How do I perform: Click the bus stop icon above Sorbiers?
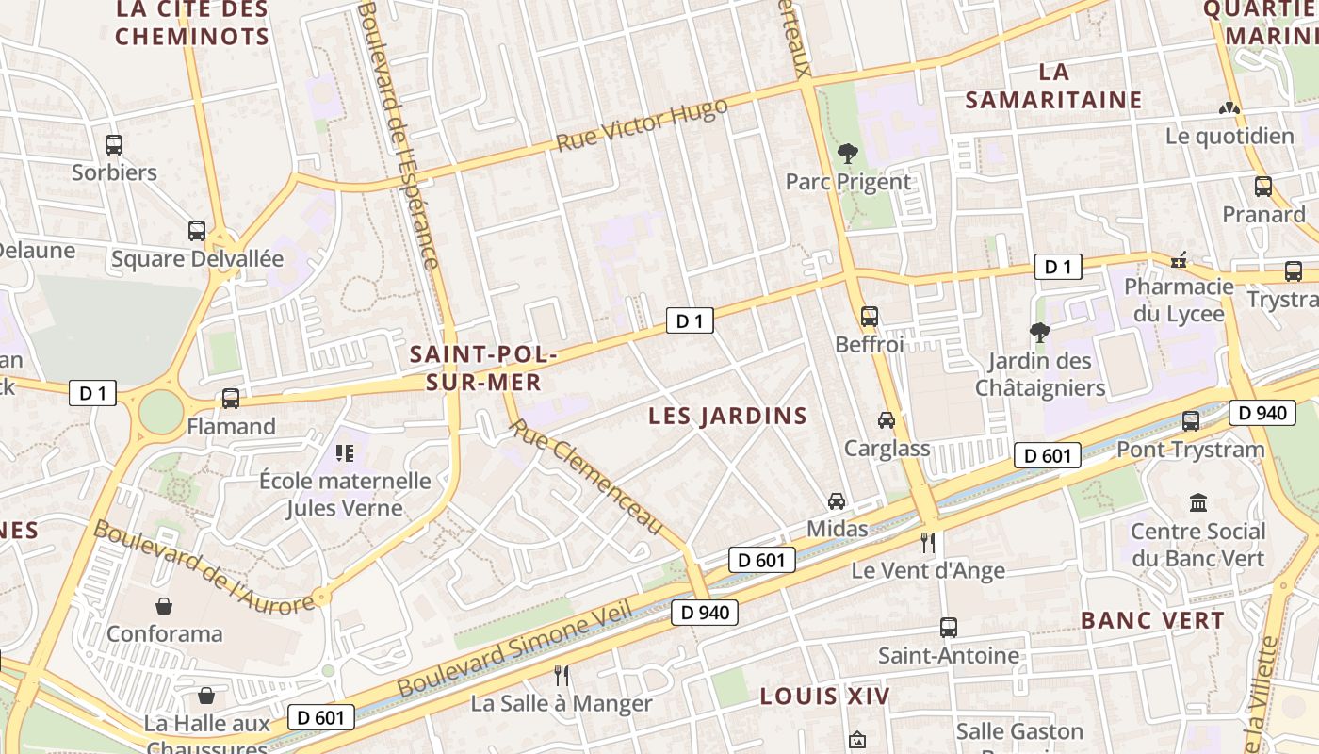click(113, 145)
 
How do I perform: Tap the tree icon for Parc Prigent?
click(848, 154)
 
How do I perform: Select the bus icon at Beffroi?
click(869, 317)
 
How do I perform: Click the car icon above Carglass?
click(886, 420)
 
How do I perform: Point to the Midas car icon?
click(836, 500)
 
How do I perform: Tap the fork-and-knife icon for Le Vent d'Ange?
click(928, 542)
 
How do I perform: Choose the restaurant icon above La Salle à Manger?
click(562, 675)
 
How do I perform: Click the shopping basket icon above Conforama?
click(164, 605)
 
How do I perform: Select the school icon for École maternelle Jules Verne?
click(345, 453)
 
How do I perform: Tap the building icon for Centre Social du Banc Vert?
click(1197, 502)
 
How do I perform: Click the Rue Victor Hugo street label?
click(642, 124)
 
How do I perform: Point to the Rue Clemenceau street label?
click(586, 477)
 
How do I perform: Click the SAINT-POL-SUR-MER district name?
click(482, 369)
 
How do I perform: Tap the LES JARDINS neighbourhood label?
click(728, 416)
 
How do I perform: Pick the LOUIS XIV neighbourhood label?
click(824, 697)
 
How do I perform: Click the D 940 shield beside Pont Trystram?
click(1262, 412)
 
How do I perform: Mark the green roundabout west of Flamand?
click(161, 412)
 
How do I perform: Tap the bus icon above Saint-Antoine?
click(948, 627)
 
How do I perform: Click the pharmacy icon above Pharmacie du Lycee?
click(1178, 259)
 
